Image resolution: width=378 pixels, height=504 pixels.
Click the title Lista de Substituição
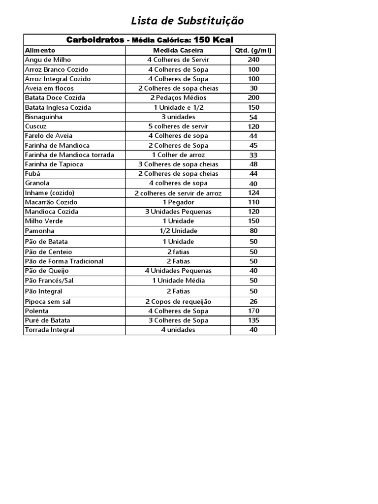(x=187, y=21)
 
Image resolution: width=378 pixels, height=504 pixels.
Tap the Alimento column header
(x=40, y=50)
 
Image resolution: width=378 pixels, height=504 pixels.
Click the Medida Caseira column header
(x=178, y=50)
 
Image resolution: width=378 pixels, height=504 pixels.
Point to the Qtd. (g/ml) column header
(x=253, y=50)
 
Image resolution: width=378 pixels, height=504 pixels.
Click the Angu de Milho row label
(x=48, y=60)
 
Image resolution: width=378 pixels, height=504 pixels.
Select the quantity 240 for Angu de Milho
(x=253, y=60)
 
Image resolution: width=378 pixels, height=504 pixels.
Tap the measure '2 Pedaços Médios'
(x=178, y=97)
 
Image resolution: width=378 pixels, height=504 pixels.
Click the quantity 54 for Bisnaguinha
(x=253, y=117)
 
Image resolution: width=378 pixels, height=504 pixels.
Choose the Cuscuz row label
(x=35, y=126)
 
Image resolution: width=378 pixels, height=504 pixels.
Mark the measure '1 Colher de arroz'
(x=178, y=155)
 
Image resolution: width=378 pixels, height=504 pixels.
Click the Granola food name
(x=37, y=183)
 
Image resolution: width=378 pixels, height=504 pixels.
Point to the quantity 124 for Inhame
(x=253, y=192)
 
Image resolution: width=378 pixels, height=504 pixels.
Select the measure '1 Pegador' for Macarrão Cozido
(x=178, y=202)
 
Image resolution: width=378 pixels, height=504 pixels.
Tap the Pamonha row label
(x=39, y=231)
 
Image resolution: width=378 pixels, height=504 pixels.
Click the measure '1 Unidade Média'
(x=178, y=281)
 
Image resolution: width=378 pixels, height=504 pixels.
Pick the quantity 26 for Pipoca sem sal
(x=253, y=302)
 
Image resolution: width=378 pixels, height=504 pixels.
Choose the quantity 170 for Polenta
(x=253, y=311)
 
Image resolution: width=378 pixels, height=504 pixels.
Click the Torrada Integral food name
(x=50, y=330)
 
